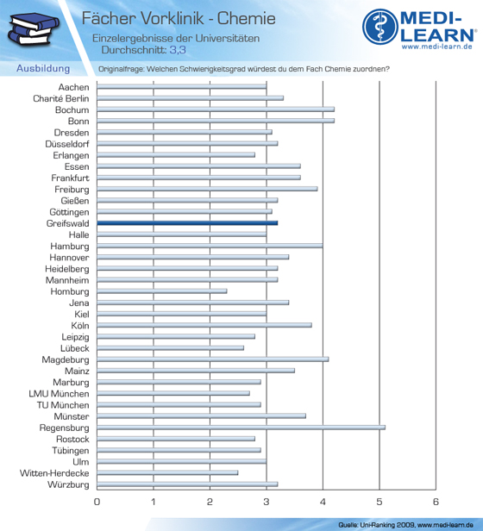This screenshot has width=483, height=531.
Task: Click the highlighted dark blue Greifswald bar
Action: coord(187,222)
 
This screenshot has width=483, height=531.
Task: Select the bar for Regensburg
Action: coord(241,428)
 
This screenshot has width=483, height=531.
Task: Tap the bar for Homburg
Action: coord(162,291)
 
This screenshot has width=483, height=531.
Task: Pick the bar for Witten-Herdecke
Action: coord(167,472)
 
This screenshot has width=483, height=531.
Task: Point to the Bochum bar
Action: coord(216,109)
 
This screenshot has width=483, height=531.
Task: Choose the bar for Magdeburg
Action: coord(213,359)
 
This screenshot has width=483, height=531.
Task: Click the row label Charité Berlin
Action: coord(61,98)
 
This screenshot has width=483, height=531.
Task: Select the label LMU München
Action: coord(59,394)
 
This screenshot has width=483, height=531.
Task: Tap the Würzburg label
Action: coord(68,484)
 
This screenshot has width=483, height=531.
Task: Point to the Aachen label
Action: coord(73,87)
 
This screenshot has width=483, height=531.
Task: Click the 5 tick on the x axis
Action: coord(379,502)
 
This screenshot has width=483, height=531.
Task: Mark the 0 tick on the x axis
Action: coord(97,502)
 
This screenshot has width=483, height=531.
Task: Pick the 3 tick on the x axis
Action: coord(267,502)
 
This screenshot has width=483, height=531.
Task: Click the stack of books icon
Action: coord(34,29)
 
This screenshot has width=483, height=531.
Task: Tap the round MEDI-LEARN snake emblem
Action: coord(380,27)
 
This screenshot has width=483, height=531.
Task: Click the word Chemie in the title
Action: coord(247,18)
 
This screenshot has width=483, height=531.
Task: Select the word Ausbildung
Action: coord(43,68)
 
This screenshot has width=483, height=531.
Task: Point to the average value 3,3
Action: coord(178,50)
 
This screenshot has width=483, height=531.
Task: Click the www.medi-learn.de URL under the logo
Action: coord(437,47)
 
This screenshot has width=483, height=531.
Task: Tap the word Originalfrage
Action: coord(121,69)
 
